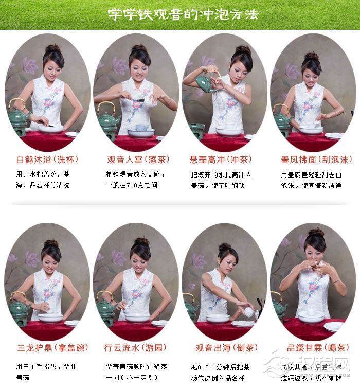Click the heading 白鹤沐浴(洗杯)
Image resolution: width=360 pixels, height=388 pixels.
click(47, 159)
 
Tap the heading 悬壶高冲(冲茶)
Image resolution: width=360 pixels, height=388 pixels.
click(224, 159)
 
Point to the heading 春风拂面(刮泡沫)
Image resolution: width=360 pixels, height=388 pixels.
click(313, 159)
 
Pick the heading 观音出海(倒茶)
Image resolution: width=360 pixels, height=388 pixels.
click(224, 348)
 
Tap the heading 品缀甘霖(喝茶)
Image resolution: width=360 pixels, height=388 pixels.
click(311, 348)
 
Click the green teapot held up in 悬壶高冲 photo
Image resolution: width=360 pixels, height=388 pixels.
click(205, 83)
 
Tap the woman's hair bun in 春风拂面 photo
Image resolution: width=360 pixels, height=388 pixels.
click(312, 56)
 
